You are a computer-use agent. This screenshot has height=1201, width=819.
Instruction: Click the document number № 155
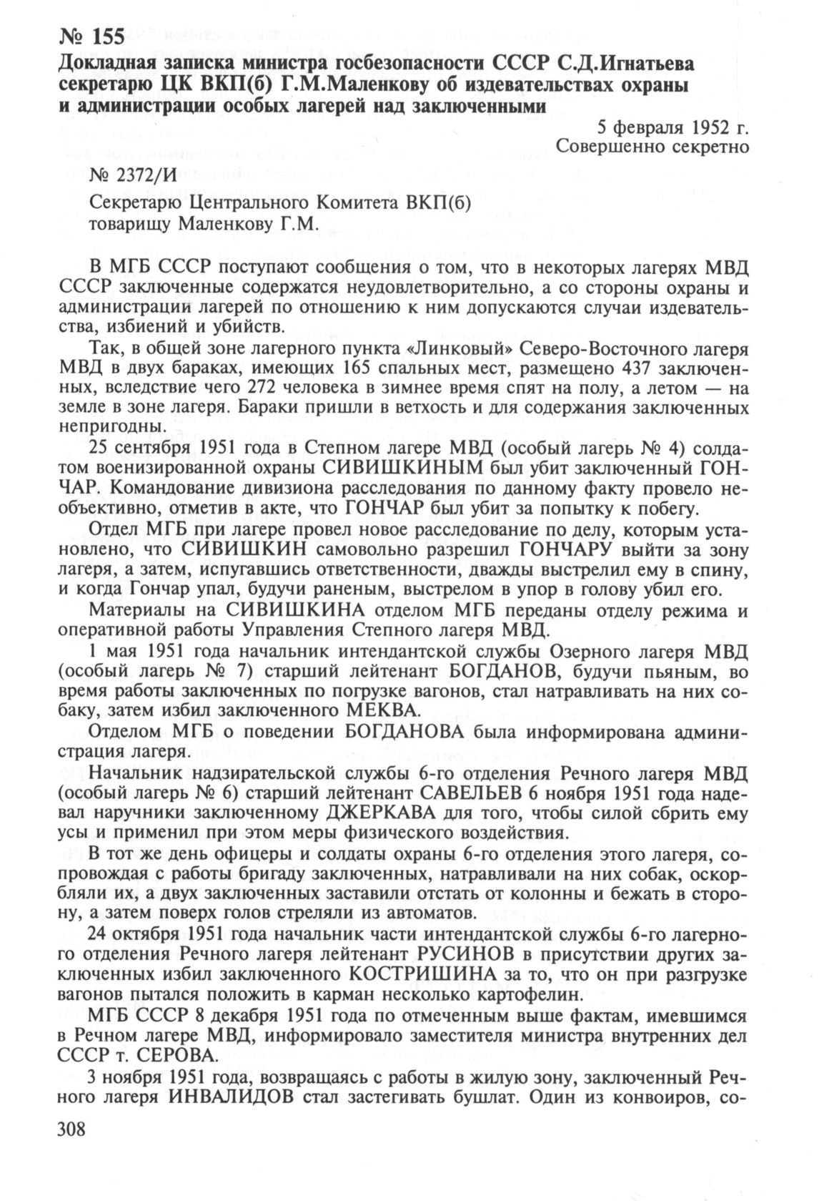tap(91, 36)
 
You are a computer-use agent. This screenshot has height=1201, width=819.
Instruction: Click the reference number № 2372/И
tap(134, 175)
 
